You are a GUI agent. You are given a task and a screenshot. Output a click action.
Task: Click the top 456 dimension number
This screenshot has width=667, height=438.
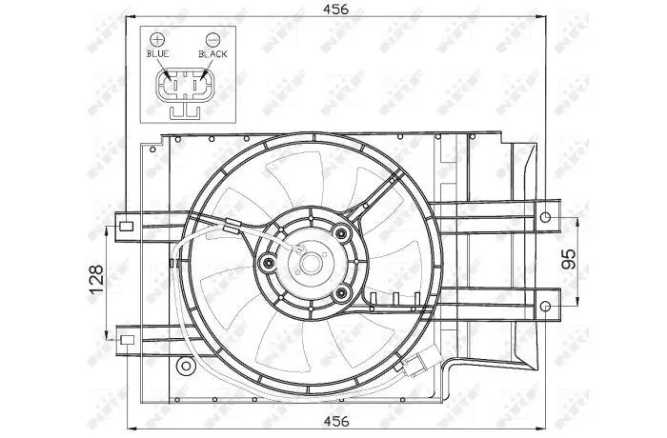[335, 10]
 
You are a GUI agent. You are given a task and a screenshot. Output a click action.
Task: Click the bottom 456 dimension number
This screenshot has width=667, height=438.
[336, 421]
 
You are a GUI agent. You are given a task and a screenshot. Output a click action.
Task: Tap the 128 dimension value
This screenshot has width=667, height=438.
[96, 279]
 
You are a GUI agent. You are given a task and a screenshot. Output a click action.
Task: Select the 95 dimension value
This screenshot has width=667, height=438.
[568, 259]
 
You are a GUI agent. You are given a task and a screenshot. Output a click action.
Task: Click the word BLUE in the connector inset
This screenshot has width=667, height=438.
[158, 54]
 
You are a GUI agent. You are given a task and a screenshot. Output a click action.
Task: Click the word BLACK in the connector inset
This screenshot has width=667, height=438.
[212, 54]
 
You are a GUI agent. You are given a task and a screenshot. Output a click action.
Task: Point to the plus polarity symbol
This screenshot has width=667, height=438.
[157, 40]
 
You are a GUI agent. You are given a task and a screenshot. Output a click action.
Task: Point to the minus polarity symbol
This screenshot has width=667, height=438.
[212, 40]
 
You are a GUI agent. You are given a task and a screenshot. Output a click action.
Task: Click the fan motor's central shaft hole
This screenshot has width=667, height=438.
[311, 263]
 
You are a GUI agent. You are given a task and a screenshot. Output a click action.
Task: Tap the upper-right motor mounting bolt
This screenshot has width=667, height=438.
[341, 233]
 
